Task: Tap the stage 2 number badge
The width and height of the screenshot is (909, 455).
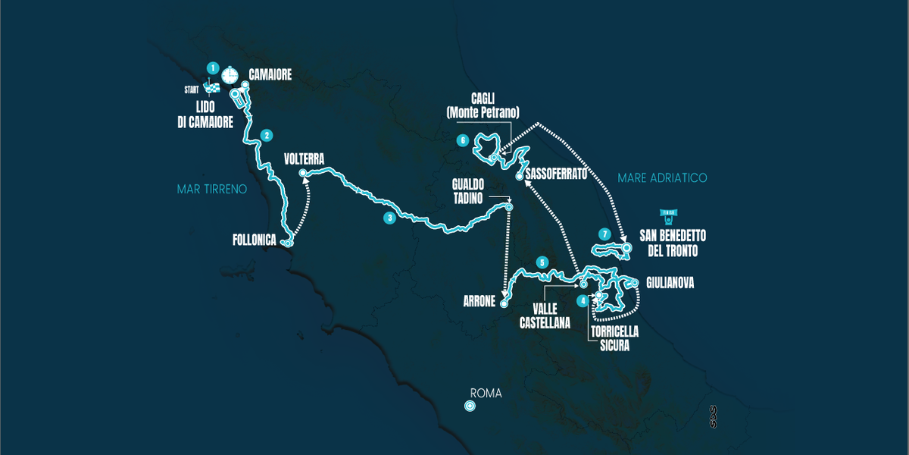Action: [267, 136]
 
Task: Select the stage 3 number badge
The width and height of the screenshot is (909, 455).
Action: [389, 218]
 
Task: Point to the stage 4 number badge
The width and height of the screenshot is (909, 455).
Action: [582, 300]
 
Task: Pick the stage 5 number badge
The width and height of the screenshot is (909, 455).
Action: [542, 262]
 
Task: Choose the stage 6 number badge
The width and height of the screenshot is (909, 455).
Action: [461, 140]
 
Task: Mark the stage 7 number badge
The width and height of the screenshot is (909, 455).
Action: [603, 233]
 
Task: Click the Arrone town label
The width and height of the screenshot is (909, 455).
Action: [478, 301]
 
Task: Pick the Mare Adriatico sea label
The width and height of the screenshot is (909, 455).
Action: [662, 177]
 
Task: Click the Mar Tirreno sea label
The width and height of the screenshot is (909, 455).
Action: [211, 189]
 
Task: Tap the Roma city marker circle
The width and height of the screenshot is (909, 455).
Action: [470, 406]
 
